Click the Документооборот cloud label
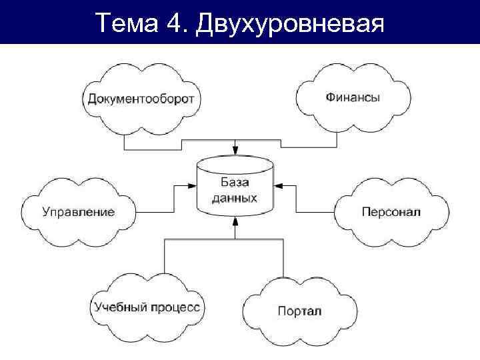[141, 99]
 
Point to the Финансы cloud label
[353, 97]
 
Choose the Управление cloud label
[79, 212]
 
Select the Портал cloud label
[299, 311]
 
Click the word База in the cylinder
[235, 181]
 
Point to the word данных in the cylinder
[235, 198]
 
